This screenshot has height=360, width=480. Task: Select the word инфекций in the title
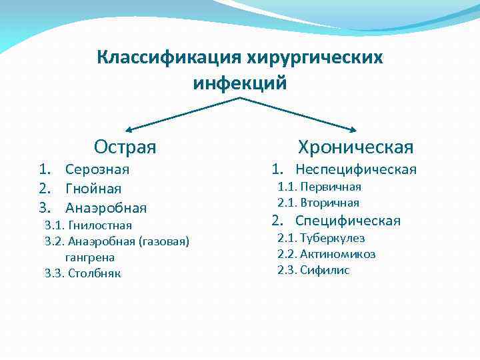click(x=240, y=83)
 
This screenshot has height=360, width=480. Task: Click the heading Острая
click(x=125, y=145)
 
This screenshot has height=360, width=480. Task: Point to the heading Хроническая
click(x=355, y=147)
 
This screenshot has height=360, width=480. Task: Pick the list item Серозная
click(x=97, y=170)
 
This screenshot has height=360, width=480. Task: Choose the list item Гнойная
click(x=93, y=189)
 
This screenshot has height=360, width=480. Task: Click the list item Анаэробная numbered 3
click(x=106, y=208)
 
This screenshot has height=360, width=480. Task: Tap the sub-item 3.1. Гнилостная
click(x=88, y=225)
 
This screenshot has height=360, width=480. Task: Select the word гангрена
click(x=90, y=257)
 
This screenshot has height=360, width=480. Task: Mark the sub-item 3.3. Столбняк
click(x=83, y=273)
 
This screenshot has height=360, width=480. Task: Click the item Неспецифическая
click(x=355, y=169)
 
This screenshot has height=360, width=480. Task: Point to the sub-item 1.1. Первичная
click(x=319, y=187)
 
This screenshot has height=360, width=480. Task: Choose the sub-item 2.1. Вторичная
click(x=319, y=203)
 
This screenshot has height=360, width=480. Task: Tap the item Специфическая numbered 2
click(x=347, y=221)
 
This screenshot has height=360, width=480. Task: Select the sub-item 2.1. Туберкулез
click(x=321, y=238)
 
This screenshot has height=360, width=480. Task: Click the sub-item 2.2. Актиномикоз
click(x=327, y=254)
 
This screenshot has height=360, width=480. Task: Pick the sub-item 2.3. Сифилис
click(x=313, y=270)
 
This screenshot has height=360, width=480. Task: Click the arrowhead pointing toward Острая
click(x=129, y=129)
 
